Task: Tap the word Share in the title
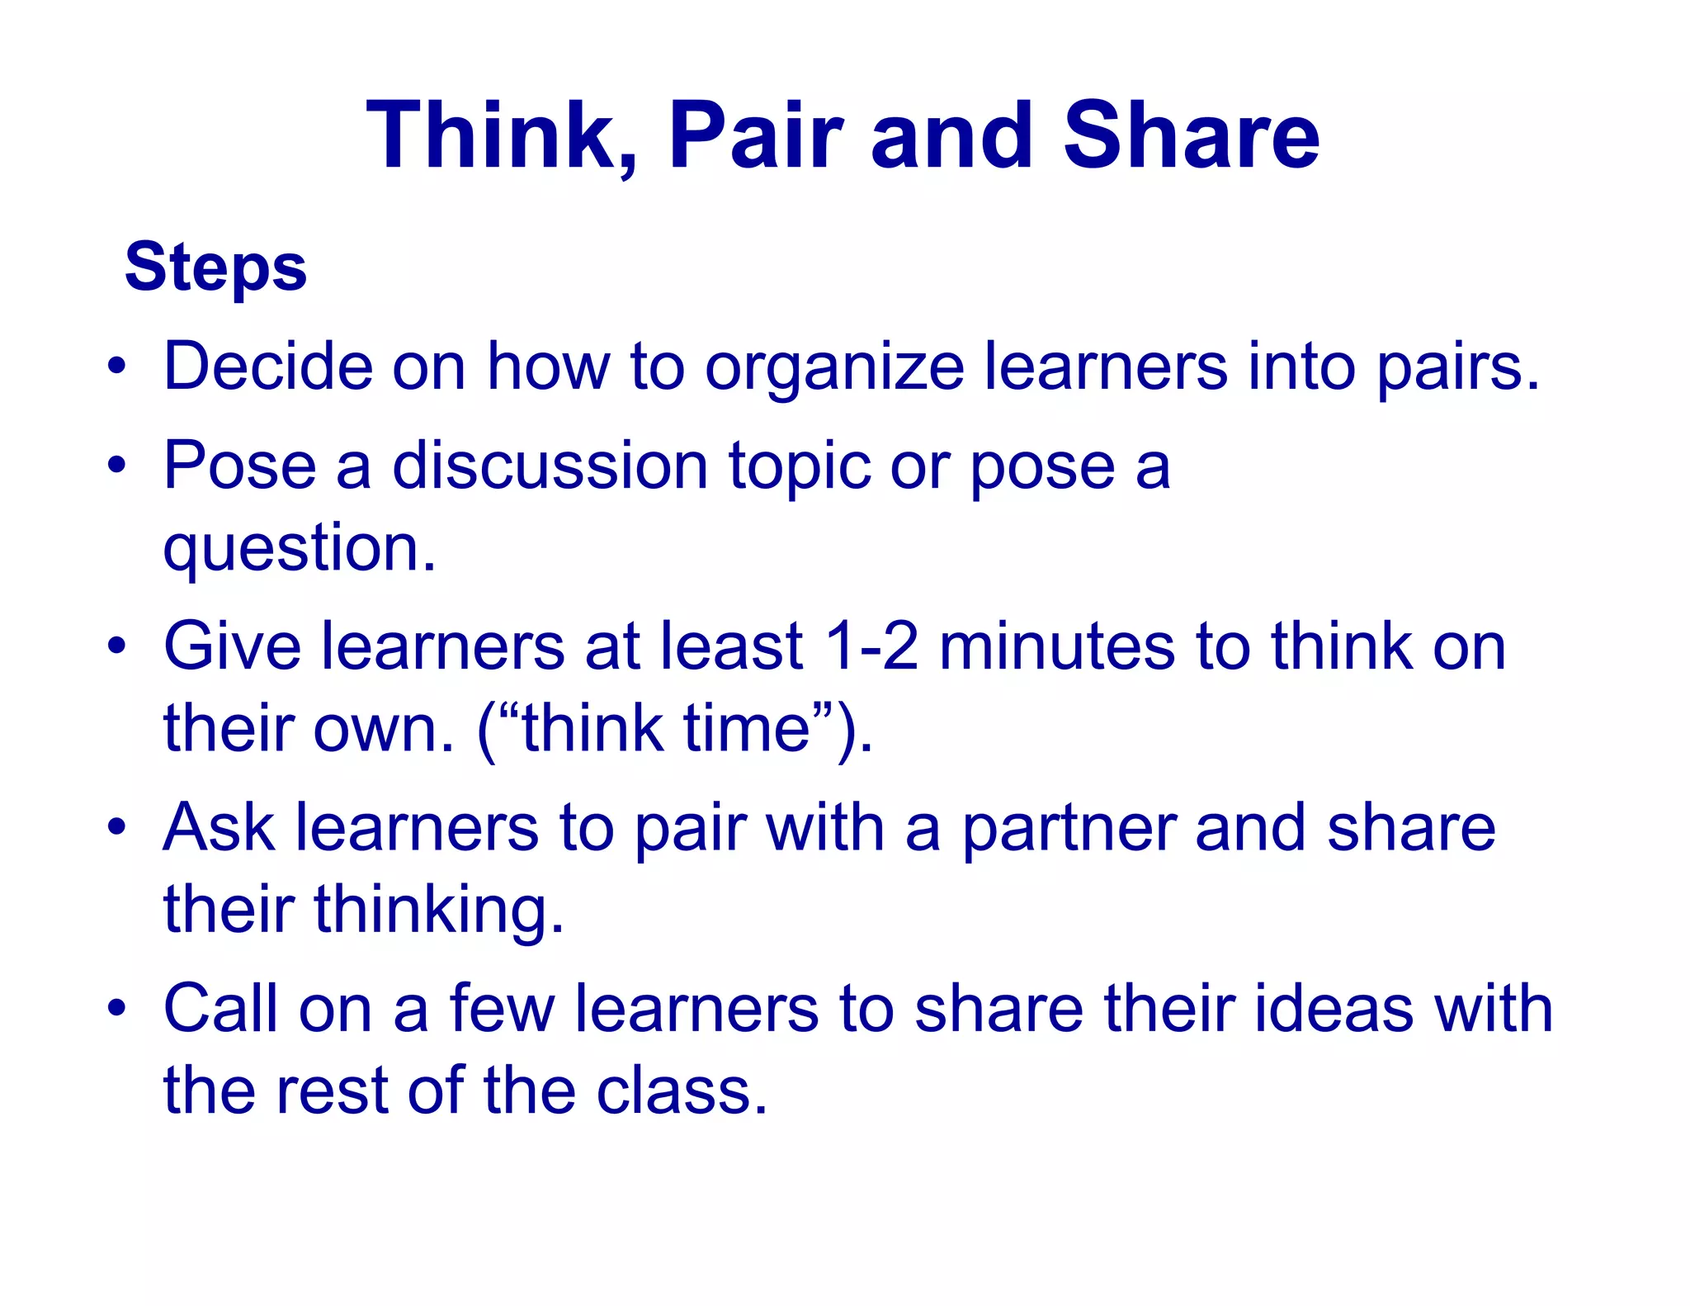click(1191, 136)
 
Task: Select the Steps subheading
click(215, 267)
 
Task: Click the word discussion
click(550, 466)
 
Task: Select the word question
click(299, 550)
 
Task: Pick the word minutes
click(1056, 646)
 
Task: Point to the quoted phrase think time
click(666, 729)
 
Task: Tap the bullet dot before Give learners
click(117, 646)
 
